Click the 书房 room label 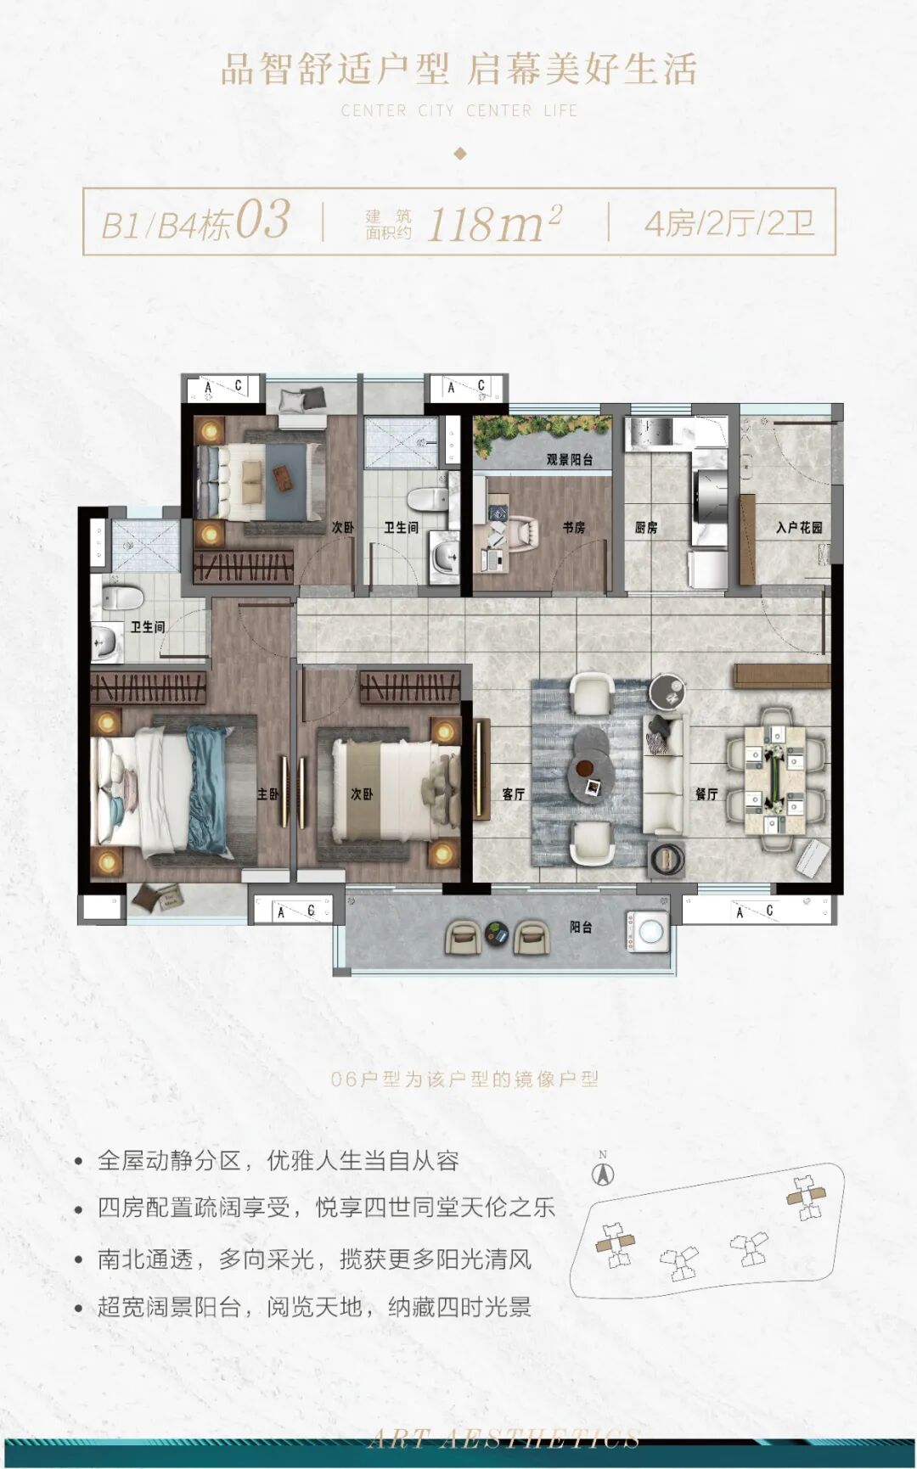click(574, 527)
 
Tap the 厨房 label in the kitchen click(646, 527)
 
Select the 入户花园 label click(799, 527)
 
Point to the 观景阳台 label click(569, 459)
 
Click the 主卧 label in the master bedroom click(267, 794)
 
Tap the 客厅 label click(513, 794)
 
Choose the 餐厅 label click(706, 794)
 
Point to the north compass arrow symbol click(603, 1174)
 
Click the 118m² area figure click(493, 224)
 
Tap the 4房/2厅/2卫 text click(729, 224)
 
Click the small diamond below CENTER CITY click(460, 154)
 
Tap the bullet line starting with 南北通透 click(314, 1259)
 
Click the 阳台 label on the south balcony click(581, 928)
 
